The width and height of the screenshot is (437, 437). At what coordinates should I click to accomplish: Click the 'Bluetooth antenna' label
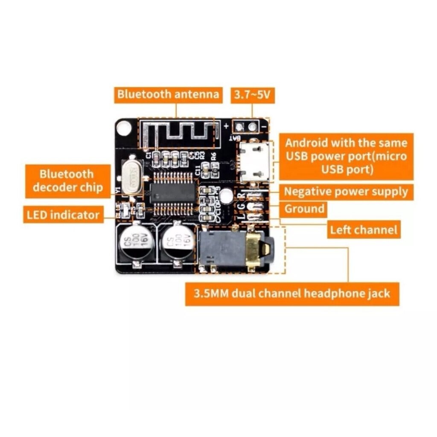(x=168, y=94)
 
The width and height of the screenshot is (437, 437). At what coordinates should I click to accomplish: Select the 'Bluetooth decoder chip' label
(x=67, y=181)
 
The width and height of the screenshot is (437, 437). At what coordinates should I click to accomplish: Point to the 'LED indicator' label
(x=63, y=214)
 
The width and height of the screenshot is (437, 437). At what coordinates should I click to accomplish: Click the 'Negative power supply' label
(x=346, y=192)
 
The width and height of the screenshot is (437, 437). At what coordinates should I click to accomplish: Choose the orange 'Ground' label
(x=304, y=209)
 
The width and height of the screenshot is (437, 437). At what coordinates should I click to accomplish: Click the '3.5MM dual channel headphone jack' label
(x=292, y=294)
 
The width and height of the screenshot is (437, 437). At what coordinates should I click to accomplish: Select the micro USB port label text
(x=346, y=156)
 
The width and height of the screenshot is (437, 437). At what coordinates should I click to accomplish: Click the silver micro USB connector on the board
(x=255, y=161)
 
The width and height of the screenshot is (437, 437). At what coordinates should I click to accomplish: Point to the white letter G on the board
(x=242, y=206)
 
